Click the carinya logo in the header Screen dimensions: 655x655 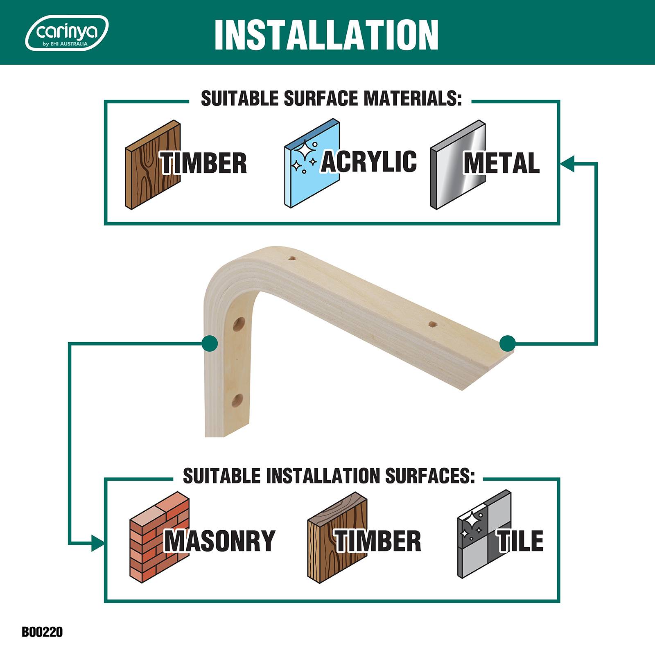click(x=67, y=33)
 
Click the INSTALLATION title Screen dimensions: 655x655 click(x=326, y=35)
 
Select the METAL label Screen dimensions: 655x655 click(x=501, y=163)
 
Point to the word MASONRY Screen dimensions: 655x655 click(x=220, y=540)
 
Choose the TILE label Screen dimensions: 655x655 click(x=520, y=540)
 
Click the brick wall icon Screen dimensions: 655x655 click(x=160, y=537)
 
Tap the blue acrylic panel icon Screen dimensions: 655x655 click(x=312, y=165)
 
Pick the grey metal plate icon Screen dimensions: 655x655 click(x=458, y=165)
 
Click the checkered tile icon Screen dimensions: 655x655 click(x=484, y=534)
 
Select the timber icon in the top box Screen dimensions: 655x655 click(x=153, y=165)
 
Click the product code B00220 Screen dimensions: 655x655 click(x=42, y=632)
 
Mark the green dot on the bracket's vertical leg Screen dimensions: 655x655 click(x=210, y=343)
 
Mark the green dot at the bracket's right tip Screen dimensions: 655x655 click(x=508, y=343)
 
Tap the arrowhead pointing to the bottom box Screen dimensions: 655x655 click(x=98, y=543)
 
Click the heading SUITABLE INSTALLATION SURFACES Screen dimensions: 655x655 click(x=329, y=476)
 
